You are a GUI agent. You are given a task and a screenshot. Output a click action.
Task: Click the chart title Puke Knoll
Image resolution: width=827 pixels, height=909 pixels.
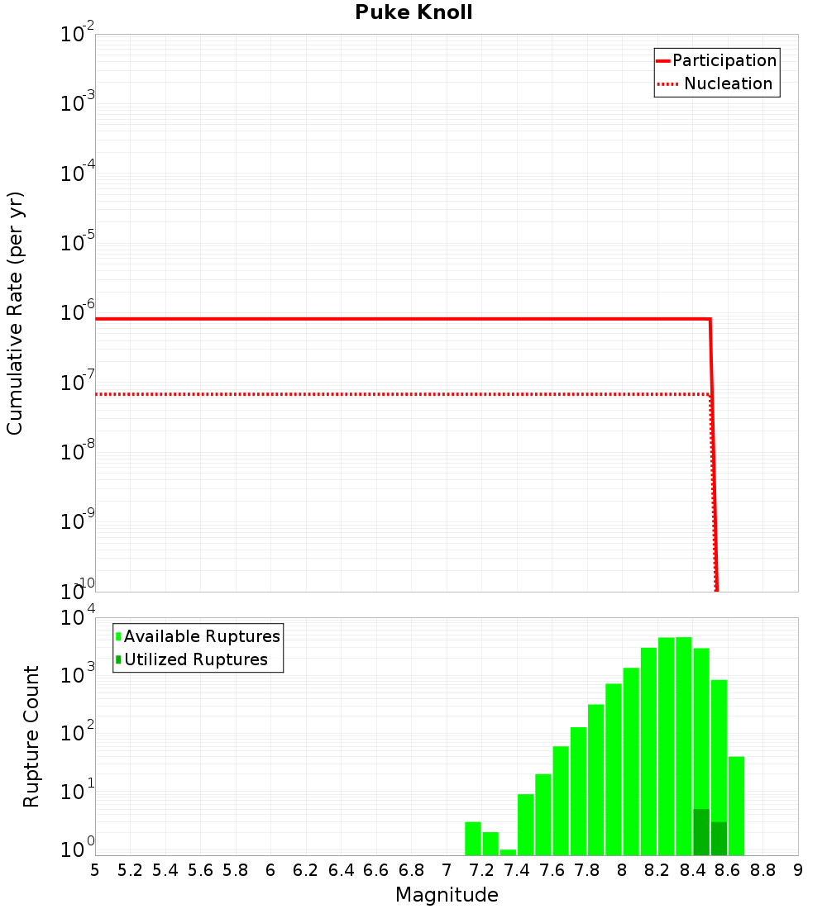[413, 13]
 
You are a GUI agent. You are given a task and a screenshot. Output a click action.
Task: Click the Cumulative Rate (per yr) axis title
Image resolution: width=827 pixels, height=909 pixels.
[15, 312]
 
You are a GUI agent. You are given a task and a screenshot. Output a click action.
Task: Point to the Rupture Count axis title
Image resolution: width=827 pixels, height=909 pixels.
[31, 735]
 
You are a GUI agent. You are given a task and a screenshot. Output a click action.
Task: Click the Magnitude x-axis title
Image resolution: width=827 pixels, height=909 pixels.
[447, 895]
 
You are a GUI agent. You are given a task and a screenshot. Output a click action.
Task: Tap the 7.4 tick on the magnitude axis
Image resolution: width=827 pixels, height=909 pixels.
[517, 870]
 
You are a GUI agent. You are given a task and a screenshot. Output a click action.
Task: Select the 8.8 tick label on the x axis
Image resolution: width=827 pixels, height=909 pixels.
[762, 870]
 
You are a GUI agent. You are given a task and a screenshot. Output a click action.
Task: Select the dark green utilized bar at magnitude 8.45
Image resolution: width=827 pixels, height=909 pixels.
[701, 833]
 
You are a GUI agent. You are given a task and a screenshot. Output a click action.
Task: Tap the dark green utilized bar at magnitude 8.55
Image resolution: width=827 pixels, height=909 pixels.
[719, 839]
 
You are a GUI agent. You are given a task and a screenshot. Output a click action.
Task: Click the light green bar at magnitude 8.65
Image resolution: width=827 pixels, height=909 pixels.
[736, 806]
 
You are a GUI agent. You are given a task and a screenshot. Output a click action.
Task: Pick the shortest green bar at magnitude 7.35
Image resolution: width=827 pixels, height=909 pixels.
[508, 852]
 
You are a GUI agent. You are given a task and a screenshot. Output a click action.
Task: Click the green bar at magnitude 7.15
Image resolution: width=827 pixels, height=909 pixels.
[472, 839]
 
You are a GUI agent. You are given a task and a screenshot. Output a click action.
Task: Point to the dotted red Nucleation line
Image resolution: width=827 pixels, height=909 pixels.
[397, 394]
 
